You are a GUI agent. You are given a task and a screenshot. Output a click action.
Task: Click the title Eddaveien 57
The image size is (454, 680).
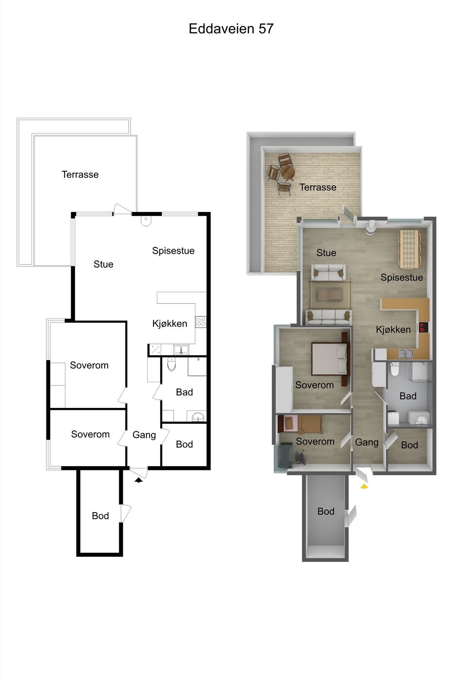coord(231,29)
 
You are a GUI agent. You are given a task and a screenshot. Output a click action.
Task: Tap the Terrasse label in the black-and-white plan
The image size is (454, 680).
coord(80,175)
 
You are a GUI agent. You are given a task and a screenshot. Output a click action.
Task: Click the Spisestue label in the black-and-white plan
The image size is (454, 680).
coord(173,251)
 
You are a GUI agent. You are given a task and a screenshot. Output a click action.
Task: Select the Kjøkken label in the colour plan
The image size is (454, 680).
coord(393,329)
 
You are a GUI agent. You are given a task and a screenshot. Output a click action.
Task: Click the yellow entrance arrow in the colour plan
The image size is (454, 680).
coord(364,486)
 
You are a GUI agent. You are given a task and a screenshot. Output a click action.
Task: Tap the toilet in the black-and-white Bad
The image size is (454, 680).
coord(171,364)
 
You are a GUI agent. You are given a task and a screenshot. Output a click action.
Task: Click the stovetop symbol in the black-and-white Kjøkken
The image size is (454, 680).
coord(201,322)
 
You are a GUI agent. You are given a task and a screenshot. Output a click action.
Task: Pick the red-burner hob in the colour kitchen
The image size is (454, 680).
coord(424,327)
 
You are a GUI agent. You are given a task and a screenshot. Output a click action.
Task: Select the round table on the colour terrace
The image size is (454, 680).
coord(288,172)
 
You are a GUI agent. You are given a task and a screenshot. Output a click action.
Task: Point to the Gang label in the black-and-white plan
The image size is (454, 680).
coord(144,435)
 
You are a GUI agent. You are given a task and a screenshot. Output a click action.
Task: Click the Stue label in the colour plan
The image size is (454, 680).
coord(326,253)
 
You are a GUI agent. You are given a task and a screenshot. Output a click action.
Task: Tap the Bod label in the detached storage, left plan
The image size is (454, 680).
coord(100,516)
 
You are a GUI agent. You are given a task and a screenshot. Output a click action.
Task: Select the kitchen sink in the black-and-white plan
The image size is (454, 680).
coord(181,350)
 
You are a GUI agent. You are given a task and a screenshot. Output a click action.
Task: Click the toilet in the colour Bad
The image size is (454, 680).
coord(394,371)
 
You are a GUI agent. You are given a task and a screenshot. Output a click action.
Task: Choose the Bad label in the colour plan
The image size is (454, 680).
coord(408,396)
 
